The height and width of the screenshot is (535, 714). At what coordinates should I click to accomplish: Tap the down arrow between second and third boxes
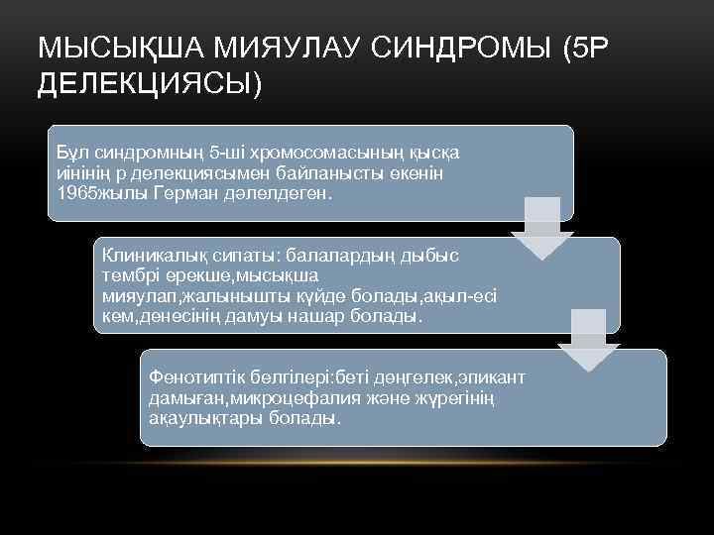(588, 342)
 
